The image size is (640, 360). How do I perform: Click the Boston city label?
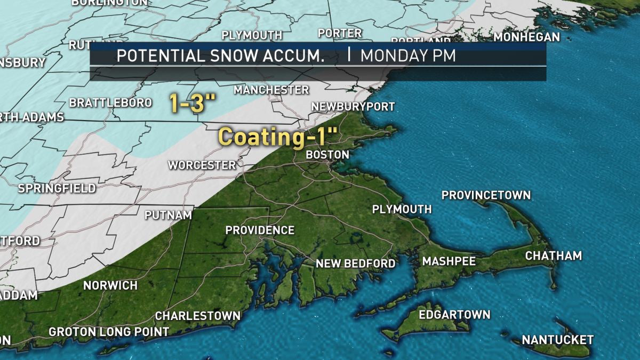pyautogui.click(x=327, y=155)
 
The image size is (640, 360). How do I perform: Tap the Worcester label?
pyautogui.click(x=202, y=165)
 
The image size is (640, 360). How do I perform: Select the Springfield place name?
pyautogui.click(x=57, y=188)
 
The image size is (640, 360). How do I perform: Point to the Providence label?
pyautogui.click(x=260, y=230)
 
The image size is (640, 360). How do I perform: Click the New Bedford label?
pyautogui.click(x=355, y=263)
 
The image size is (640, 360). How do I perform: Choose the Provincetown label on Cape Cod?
pyautogui.click(x=486, y=195)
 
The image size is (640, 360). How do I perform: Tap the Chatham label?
pyautogui.click(x=553, y=256)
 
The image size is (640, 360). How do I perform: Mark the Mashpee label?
pyautogui.click(x=449, y=261)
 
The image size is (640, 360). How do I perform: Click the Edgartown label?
pyautogui.click(x=454, y=314)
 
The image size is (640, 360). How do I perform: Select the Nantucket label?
pyautogui.click(x=557, y=340)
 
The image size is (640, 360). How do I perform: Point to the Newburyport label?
pyautogui.click(x=353, y=107)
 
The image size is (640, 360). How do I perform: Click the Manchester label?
pyautogui.click(x=271, y=90)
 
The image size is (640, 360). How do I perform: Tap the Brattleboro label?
pyautogui.click(x=110, y=102)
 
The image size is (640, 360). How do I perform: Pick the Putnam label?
pyautogui.click(x=168, y=215)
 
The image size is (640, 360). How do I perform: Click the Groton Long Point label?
pyautogui.click(x=109, y=332)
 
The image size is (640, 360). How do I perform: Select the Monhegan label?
pyautogui.click(x=526, y=37)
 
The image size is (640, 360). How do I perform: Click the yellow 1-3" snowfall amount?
pyautogui.click(x=188, y=103)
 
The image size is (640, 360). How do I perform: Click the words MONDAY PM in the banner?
pyautogui.click(x=408, y=56)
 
